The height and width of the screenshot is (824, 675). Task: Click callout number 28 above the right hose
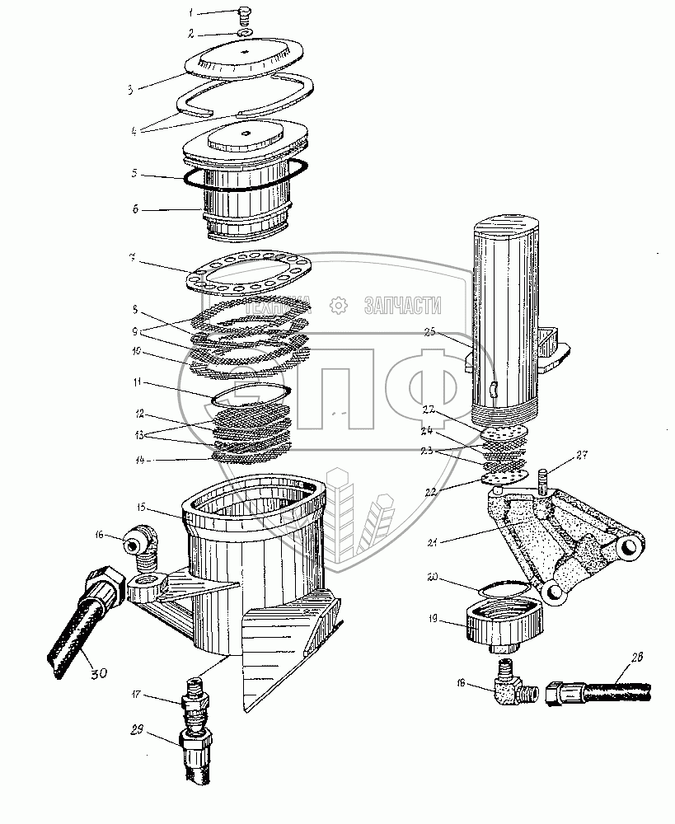(616, 658)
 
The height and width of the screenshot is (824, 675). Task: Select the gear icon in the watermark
(338, 305)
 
